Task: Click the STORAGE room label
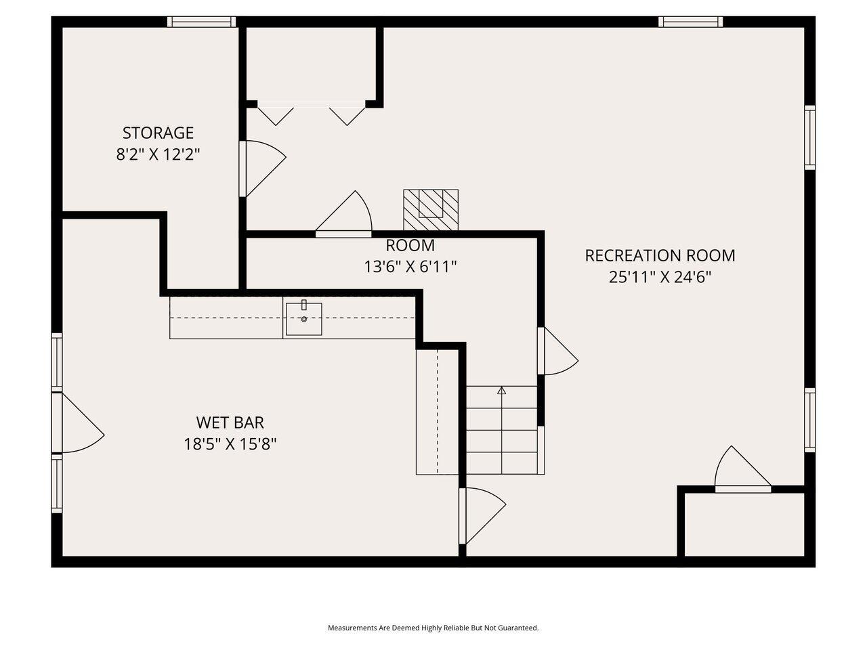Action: pos(158,133)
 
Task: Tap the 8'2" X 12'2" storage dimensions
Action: pos(158,154)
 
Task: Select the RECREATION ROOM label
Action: pos(660,255)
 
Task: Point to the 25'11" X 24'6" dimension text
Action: pos(660,277)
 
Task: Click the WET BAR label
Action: pos(230,422)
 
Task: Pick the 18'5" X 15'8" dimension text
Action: pos(230,444)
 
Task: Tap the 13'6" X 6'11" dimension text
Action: pos(410,267)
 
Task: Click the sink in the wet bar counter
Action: pos(303,318)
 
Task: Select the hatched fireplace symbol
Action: pos(431,209)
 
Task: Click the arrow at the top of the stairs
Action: pos(501,391)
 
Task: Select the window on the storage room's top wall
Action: pos(202,22)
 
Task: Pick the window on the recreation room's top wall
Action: pos(690,22)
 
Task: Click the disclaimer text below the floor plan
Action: pos(433,628)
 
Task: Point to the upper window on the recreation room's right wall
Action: pos(809,137)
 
